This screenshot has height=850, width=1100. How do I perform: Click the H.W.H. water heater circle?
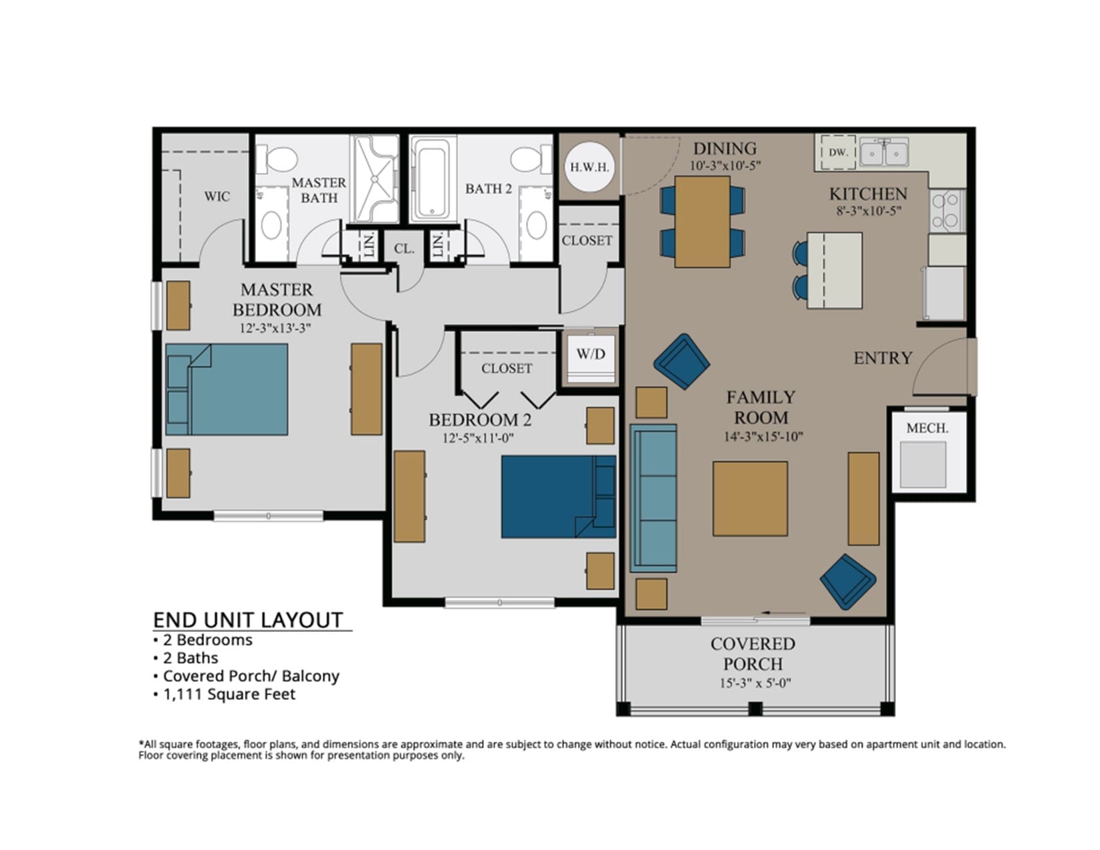589,167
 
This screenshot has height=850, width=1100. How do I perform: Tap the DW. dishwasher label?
838,152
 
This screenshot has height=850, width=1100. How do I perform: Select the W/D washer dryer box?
590,358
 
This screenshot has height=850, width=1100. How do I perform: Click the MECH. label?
927,428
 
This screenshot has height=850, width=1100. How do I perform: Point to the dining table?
702,221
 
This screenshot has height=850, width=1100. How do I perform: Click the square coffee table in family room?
750,499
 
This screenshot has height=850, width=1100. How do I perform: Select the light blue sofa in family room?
653,499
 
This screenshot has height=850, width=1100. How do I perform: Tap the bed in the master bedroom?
226,389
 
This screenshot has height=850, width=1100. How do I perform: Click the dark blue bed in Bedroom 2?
559,497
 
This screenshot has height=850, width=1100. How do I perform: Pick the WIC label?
217,197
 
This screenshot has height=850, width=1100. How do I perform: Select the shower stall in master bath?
375,179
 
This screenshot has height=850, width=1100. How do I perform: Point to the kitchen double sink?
884,152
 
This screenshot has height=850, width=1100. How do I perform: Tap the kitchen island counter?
834,271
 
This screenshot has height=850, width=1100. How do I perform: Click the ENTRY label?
882,359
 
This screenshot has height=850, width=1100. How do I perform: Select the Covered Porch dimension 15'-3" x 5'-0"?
755,683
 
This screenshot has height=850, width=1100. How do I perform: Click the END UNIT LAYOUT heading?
248,620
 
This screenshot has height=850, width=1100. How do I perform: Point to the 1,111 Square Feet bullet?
229,694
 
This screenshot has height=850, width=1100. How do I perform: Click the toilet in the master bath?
277,159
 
